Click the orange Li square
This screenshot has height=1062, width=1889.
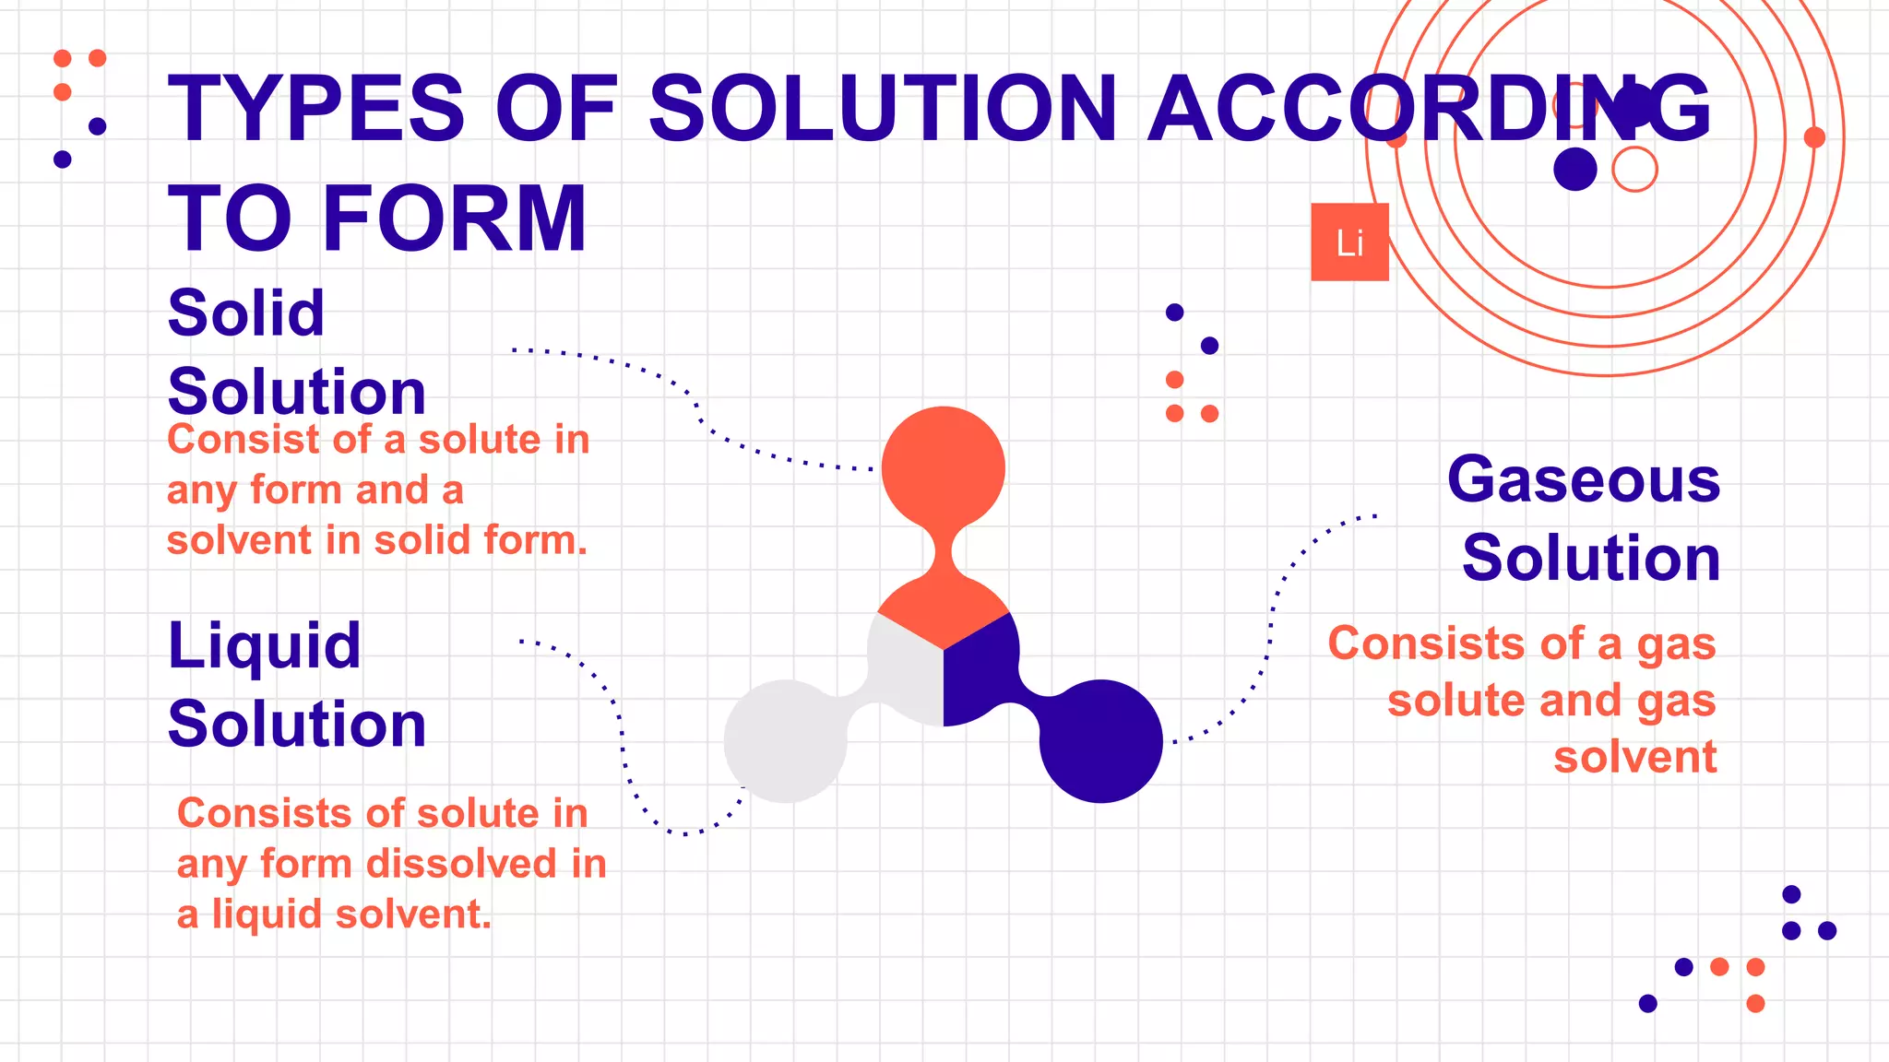point(1349,242)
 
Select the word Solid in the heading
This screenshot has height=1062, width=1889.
point(246,313)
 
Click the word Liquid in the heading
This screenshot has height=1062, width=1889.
point(264,645)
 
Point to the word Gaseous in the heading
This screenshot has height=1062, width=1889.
point(1584,479)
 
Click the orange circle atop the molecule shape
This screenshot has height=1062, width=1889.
point(944,467)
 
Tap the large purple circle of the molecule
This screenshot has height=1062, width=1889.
point(1101,741)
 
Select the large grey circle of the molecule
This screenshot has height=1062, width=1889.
point(785,741)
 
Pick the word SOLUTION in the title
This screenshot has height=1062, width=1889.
point(883,109)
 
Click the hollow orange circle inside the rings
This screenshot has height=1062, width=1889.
point(1634,170)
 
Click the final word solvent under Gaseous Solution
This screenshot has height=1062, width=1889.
point(1634,757)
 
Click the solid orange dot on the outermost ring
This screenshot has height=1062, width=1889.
point(1814,137)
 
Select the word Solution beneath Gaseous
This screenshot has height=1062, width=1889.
point(1591,558)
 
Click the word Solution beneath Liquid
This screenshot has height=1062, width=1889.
point(297,724)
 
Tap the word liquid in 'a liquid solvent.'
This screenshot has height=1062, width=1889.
point(267,914)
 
